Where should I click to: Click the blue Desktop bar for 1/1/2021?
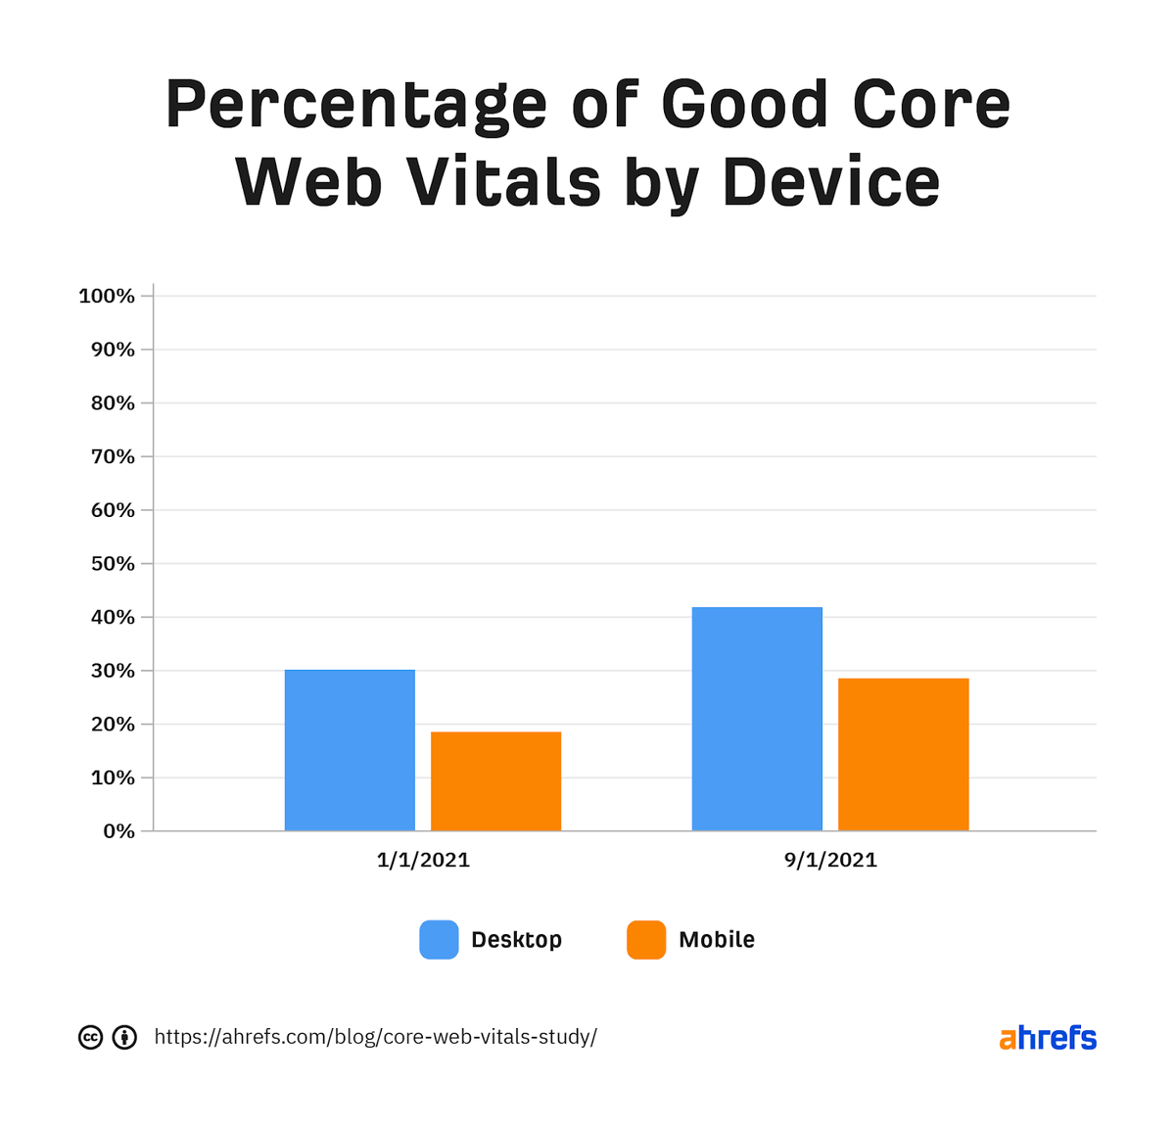coord(350,750)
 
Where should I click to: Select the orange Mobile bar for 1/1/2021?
coord(495,781)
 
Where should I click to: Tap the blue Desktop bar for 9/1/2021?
coord(757,719)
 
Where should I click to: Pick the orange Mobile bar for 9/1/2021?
coord(903,754)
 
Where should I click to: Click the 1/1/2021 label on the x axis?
coord(423,861)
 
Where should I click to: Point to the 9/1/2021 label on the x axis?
coord(830,861)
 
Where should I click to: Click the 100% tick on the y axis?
coord(107,296)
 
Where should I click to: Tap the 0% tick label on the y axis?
coord(118,831)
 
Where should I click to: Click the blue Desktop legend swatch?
coord(439,940)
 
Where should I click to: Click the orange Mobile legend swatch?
coord(646,940)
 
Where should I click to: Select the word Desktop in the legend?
coord(516,940)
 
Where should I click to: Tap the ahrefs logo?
coord(1048,1038)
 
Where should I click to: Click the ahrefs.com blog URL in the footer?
coord(375,1037)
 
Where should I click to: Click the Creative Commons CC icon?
coord(90,1038)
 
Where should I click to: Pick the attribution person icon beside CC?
coord(124,1038)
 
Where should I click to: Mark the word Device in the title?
coord(830,183)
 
